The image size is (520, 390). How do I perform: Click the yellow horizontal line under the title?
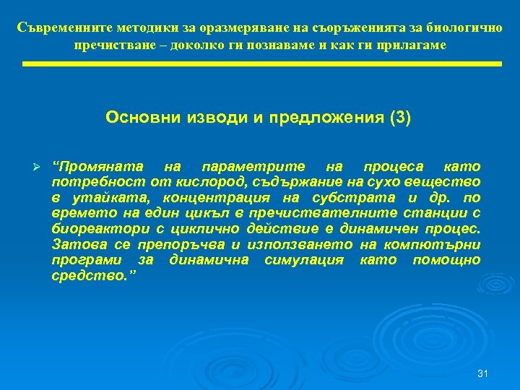click(x=261, y=64)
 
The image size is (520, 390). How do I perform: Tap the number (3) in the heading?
click(x=400, y=117)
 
